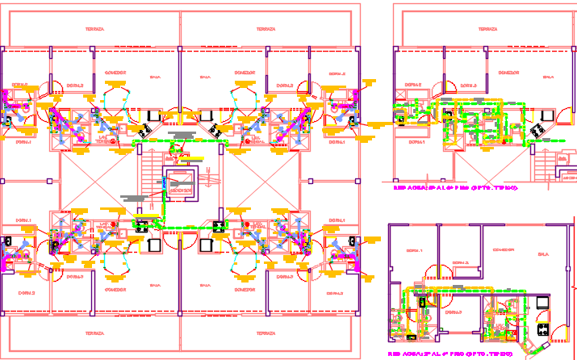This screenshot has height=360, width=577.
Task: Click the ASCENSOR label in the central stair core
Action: click(x=180, y=191)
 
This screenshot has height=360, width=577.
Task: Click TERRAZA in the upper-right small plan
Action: click(x=487, y=29)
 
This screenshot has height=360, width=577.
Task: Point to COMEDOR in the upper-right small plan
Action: click(x=508, y=73)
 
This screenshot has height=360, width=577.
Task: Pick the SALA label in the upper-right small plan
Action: click(x=549, y=77)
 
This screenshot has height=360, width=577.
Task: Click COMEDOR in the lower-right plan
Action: click(x=505, y=249)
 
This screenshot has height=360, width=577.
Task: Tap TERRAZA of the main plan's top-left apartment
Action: click(x=94, y=29)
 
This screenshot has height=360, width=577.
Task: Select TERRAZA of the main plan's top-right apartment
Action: click(x=266, y=29)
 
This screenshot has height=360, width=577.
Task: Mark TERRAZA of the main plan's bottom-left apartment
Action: click(x=94, y=332)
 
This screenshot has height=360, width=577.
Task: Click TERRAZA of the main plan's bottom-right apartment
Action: click(x=266, y=332)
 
